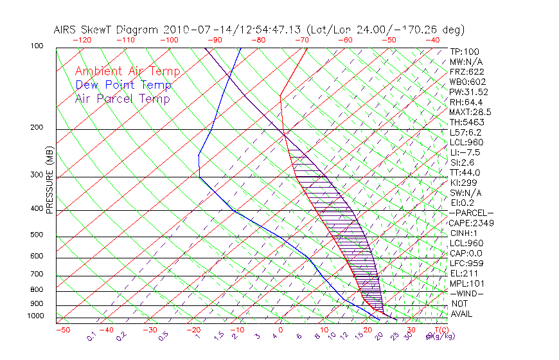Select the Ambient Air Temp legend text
[x=127, y=71]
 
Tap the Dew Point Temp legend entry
[x=123, y=85]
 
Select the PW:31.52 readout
[x=468, y=92]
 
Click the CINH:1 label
[x=464, y=233]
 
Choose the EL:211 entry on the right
[x=463, y=274]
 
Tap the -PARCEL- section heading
[x=471, y=213]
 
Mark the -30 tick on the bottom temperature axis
[x=150, y=330]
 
